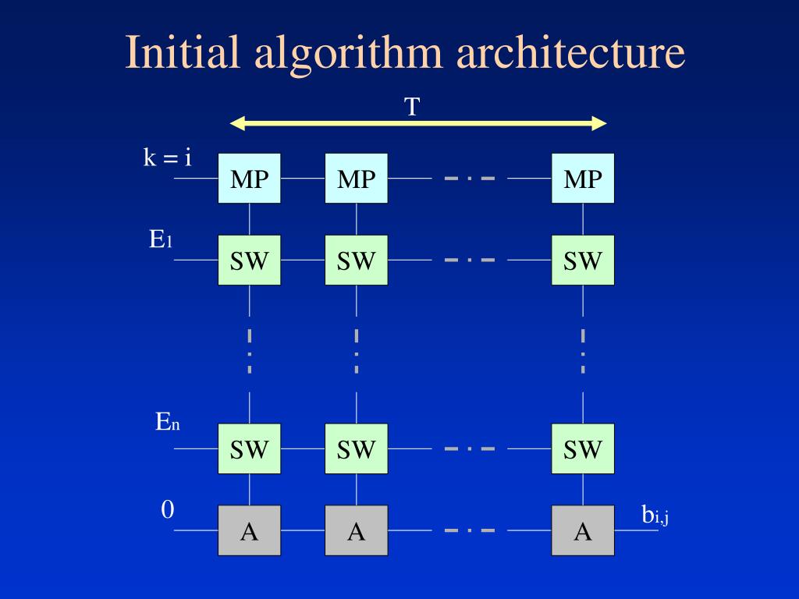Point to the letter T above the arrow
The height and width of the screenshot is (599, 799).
tap(412, 107)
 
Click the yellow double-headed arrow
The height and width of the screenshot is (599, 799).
tap(418, 123)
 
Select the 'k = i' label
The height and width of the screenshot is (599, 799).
tap(167, 158)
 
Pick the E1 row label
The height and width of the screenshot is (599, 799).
tap(161, 239)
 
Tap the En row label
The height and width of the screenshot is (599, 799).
tap(167, 424)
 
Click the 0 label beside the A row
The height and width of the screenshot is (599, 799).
tap(168, 510)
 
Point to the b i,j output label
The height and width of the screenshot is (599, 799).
tap(655, 515)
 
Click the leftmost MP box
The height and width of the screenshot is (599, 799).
tap(250, 179)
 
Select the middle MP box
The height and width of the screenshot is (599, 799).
tap(357, 179)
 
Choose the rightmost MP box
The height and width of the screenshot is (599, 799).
tap(583, 179)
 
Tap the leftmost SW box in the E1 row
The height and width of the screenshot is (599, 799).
tap(250, 260)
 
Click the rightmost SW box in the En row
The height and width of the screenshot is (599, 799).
tap(583, 448)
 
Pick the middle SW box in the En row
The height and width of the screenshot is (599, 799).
tap(357, 448)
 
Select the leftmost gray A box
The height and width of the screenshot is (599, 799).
tap(250, 530)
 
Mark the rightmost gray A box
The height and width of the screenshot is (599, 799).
tap(583, 530)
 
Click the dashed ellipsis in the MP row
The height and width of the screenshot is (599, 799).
tap(470, 179)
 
